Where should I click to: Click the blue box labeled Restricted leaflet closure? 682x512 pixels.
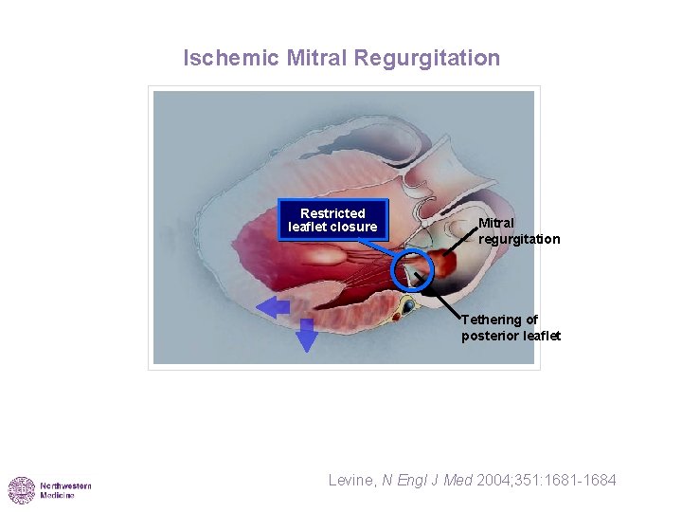pyautogui.click(x=332, y=220)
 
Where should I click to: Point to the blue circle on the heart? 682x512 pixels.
pyautogui.click(x=411, y=271)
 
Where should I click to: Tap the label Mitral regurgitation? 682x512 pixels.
pyautogui.click(x=518, y=231)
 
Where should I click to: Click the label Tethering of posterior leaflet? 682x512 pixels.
pyautogui.click(x=511, y=328)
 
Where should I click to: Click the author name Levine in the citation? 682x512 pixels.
pyautogui.click(x=351, y=481)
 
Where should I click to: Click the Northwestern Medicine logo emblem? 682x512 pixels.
pyautogui.click(x=22, y=490)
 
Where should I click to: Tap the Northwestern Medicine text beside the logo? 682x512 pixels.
pyautogui.click(x=65, y=490)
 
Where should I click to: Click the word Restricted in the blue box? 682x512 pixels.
pyautogui.click(x=332, y=213)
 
